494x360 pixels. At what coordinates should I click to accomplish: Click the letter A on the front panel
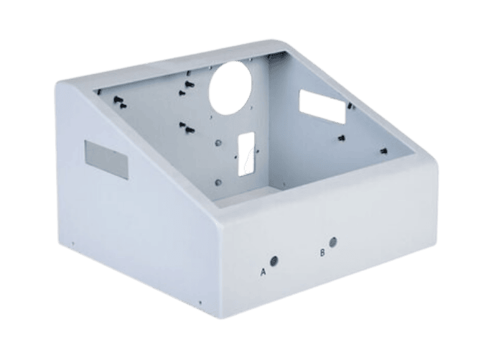click(x=264, y=272)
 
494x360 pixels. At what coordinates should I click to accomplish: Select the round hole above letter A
click(x=274, y=261)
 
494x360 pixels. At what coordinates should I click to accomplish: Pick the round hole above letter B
click(x=332, y=242)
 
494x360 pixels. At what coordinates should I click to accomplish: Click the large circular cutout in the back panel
click(x=232, y=88)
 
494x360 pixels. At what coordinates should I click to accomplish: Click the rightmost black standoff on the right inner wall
click(x=384, y=150)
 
